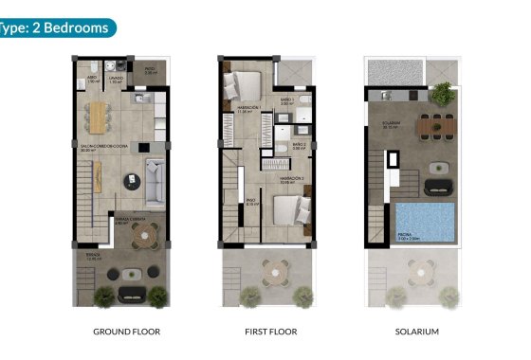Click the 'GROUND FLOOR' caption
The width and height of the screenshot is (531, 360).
coord(126,332)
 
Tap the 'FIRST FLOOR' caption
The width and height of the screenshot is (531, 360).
coord(270,332)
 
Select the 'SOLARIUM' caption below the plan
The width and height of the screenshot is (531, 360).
coord(416,332)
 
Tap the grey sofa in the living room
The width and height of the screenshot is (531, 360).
coord(156,175)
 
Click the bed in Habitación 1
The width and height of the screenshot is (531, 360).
coord(243,86)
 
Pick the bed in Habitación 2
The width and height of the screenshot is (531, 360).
coord(289,210)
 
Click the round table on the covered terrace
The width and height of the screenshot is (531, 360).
coord(142,240)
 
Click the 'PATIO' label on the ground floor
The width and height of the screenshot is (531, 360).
coord(150,69)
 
